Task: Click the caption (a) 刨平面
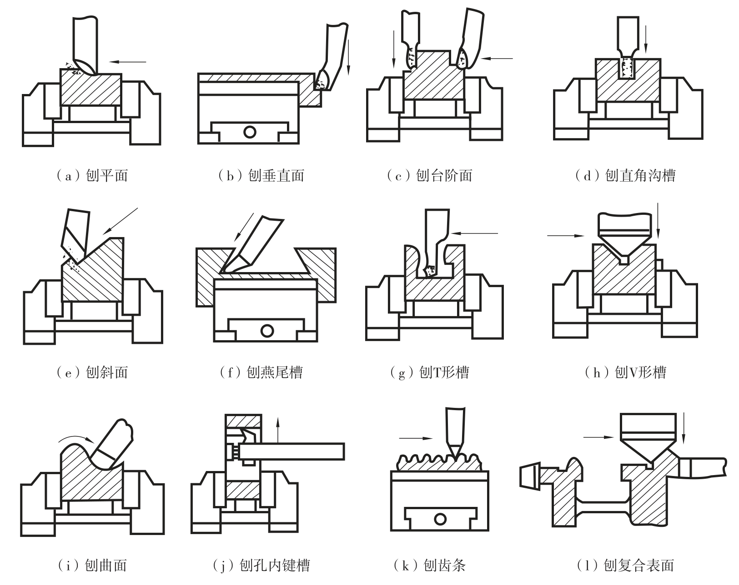pyautogui.click(x=92, y=176)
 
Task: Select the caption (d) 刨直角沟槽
pyautogui.click(x=625, y=176)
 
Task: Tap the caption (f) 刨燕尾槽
pyautogui.click(x=261, y=372)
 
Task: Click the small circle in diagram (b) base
pyautogui.click(x=250, y=132)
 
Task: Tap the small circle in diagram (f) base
pyautogui.click(x=267, y=331)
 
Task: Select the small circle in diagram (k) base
pyautogui.click(x=440, y=519)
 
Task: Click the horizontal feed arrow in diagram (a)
pyautogui.click(x=128, y=62)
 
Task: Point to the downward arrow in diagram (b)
pyautogui.click(x=348, y=57)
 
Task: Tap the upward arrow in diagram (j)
pyautogui.click(x=278, y=430)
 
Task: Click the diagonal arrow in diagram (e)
pyautogui.click(x=120, y=221)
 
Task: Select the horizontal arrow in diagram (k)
pyautogui.click(x=416, y=438)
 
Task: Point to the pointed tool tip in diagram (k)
pyautogui.click(x=456, y=459)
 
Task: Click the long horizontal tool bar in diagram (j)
pyautogui.click(x=292, y=451)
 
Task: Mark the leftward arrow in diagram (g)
pyautogui.click(x=475, y=233)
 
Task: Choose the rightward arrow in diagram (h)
pyautogui.click(x=566, y=236)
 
